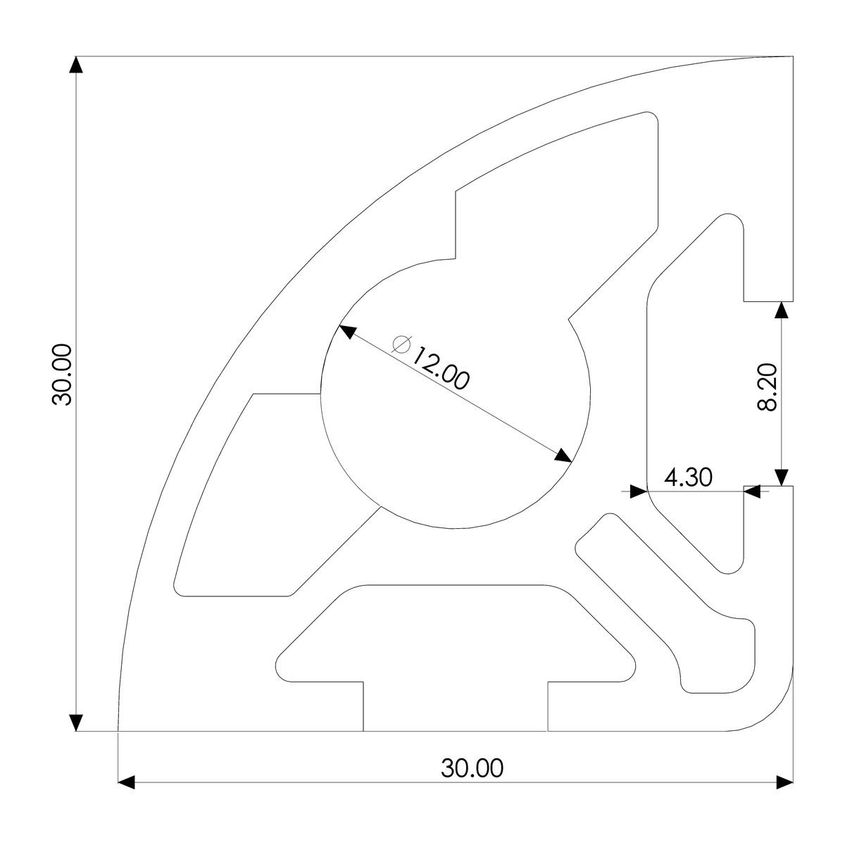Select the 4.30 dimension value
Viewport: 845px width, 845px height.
(x=688, y=477)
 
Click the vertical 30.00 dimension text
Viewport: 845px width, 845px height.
(x=62, y=375)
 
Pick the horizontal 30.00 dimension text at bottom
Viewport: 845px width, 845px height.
(x=472, y=768)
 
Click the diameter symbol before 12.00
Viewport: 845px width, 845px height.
(x=402, y=344)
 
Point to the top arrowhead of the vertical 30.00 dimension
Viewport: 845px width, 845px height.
(x=76, y=64)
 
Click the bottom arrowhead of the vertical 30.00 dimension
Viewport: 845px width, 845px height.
(x=76, y=722)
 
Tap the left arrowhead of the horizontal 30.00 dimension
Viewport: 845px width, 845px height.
(x=126, y=782)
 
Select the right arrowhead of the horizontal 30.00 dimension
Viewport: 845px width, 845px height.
(x=784, y=782)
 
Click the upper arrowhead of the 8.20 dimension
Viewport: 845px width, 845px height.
(x=781, y=311)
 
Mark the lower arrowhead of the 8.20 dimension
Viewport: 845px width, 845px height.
(x=781, y=477)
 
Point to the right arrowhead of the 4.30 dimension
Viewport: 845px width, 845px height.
(x=753, y=492)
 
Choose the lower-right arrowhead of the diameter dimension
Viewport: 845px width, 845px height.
(x=563, y=456)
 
